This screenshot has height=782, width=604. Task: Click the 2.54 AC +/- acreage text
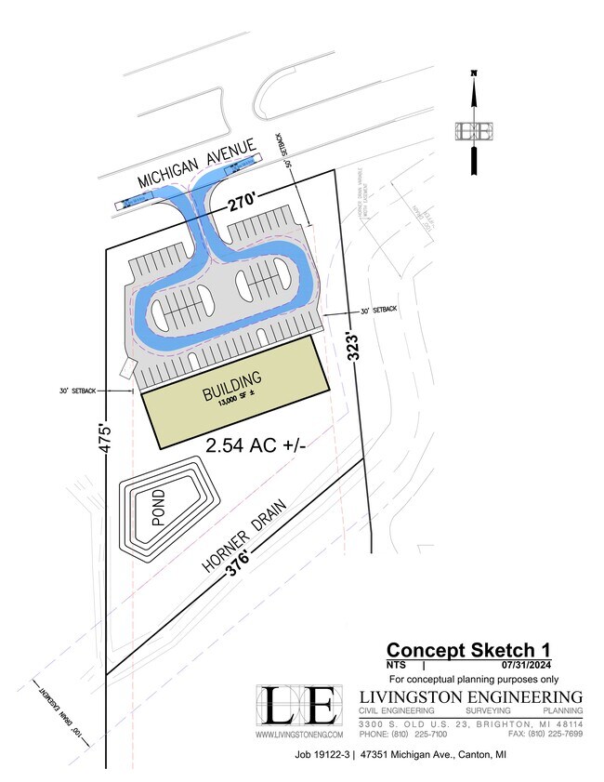[x=256, y=446]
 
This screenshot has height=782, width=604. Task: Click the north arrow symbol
[x=473, y=122]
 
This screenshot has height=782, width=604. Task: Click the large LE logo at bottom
[x=297, y=706]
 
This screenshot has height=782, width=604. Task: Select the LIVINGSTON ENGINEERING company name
[x=471, y=696]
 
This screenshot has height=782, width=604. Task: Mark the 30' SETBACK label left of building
[x=76, y=391]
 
